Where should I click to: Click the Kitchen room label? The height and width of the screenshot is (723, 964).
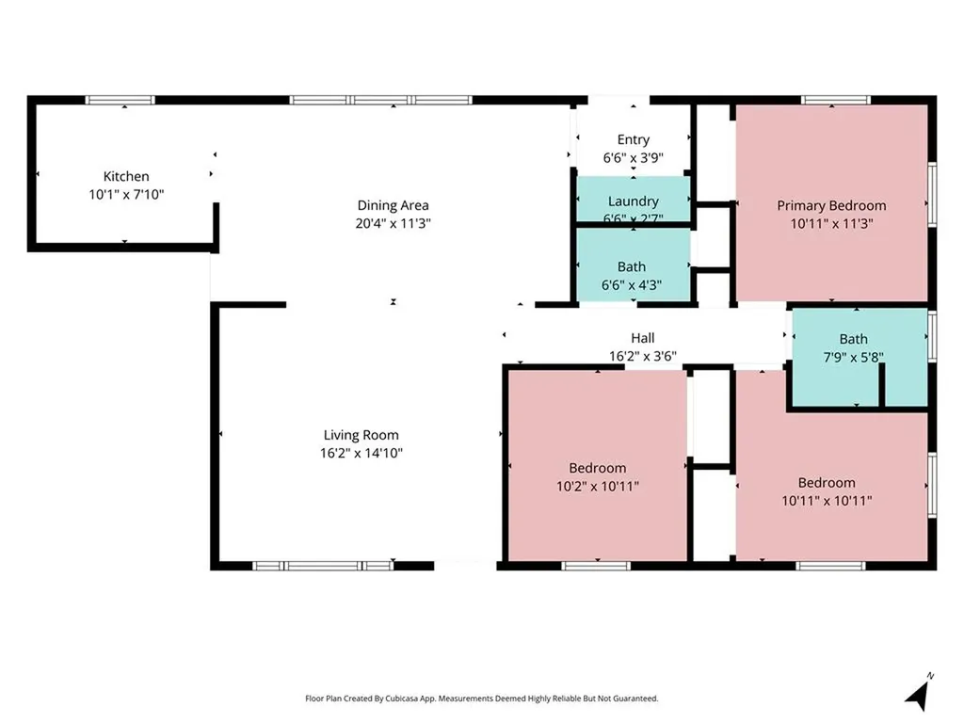[126, 176]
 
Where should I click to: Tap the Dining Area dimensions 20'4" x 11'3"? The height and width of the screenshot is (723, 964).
[393, 223]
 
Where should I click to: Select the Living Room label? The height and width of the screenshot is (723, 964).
[361, 435]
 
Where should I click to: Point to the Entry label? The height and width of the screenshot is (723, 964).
[634, 140]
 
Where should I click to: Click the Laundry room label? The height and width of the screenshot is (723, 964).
[634, 201]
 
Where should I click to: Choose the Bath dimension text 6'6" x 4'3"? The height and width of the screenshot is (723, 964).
[632, 285]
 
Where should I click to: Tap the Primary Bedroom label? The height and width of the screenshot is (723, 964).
[831, 205]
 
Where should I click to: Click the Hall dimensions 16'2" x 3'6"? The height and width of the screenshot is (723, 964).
[642, 356]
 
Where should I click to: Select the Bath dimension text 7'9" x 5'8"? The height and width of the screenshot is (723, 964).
[853, 357]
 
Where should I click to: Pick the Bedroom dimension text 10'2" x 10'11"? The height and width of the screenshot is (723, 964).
[598, 487]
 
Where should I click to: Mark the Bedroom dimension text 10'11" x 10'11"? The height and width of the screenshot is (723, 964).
[827, 501]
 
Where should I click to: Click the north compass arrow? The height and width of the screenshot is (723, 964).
[918, 693]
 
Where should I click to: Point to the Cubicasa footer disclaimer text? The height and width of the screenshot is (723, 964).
[481, 699]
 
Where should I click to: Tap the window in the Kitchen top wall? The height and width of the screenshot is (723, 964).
[120, 100]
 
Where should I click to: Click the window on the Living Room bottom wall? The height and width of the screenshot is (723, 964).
[323, 566]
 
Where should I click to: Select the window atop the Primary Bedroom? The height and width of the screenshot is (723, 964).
[836, 100]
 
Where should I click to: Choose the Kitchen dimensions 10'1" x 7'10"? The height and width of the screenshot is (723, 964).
[126, 195]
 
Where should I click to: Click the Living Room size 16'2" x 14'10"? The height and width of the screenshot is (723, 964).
[361, 454]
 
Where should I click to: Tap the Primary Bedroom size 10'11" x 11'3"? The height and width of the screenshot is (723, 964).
[831, 224]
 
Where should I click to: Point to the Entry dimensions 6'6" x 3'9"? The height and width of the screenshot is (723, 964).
[634, 158]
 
